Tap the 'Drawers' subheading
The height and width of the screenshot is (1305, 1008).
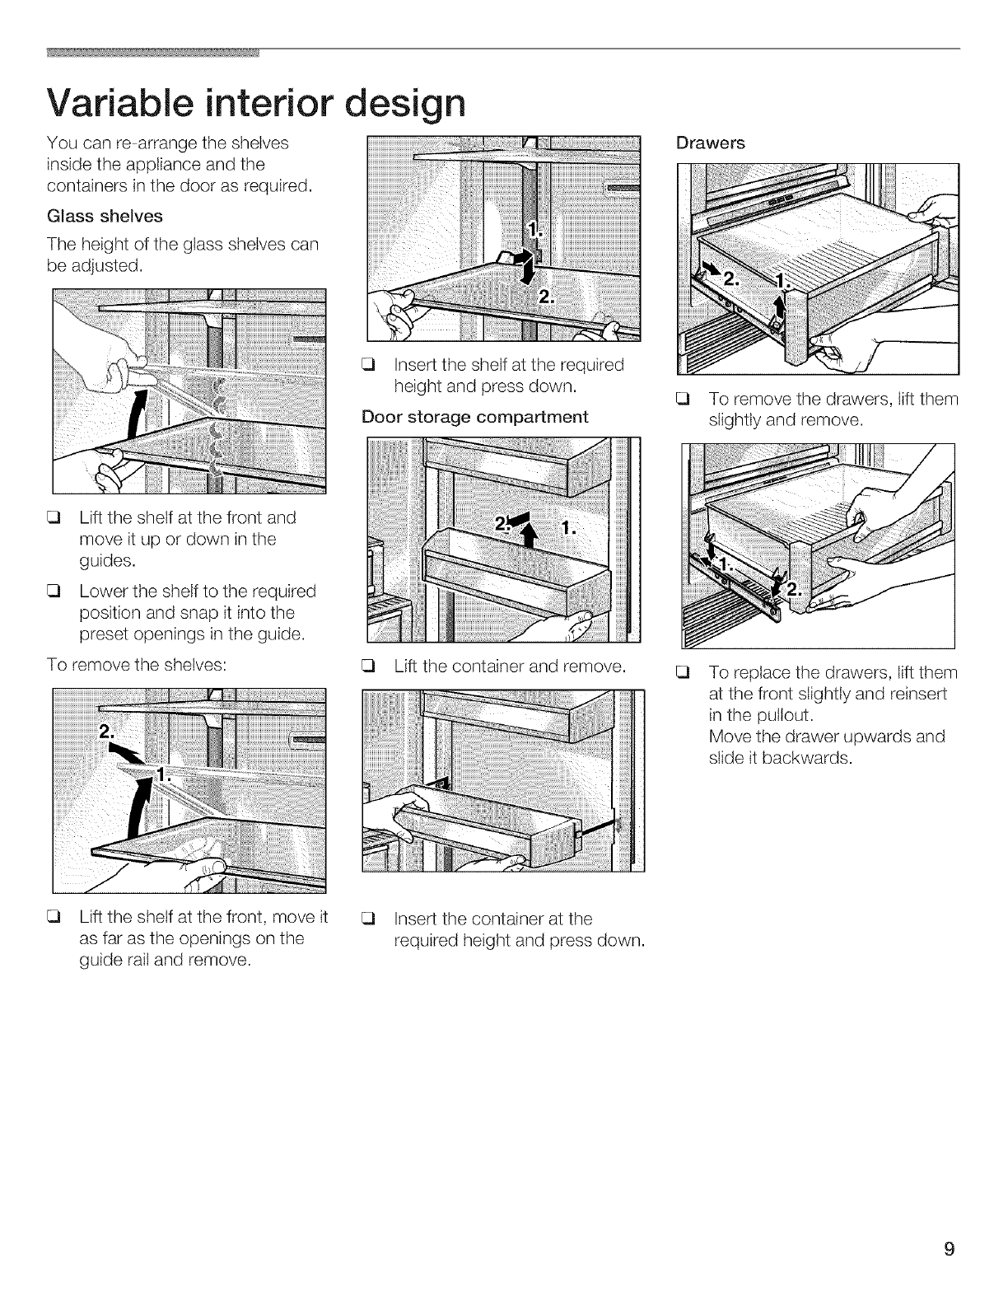pyautogui.click(x=710, y=143)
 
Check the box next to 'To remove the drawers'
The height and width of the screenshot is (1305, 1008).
pyautogui.click(x=681, y=400)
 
